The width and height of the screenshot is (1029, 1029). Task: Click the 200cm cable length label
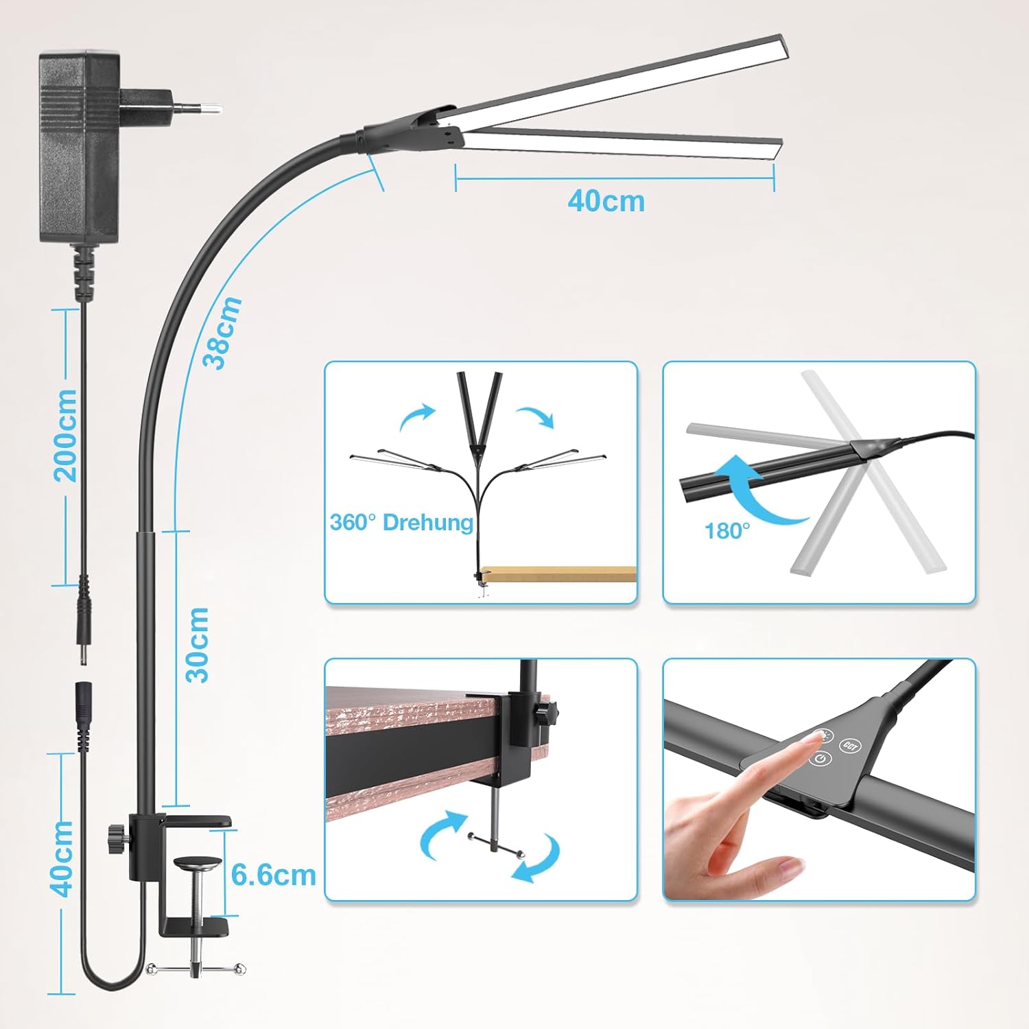pos(66,436)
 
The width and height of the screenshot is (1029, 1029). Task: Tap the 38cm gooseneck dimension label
pos(222,333)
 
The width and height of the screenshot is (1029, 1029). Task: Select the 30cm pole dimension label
pos(197,645)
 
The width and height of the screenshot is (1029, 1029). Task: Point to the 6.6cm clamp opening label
pos(274,875)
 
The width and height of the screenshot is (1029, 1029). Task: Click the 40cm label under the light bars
pos(606,201)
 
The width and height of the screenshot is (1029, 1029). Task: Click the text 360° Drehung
pos(401,523)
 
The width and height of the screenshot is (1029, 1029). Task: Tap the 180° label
pos(727,531)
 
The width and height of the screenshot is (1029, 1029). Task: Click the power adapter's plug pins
pos(198,107)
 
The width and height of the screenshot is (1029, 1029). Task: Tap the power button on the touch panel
pos(821,759)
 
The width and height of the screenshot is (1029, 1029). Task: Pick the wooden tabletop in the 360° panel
pos(558,573)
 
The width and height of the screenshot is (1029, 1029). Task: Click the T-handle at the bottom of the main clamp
pos(196,969)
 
